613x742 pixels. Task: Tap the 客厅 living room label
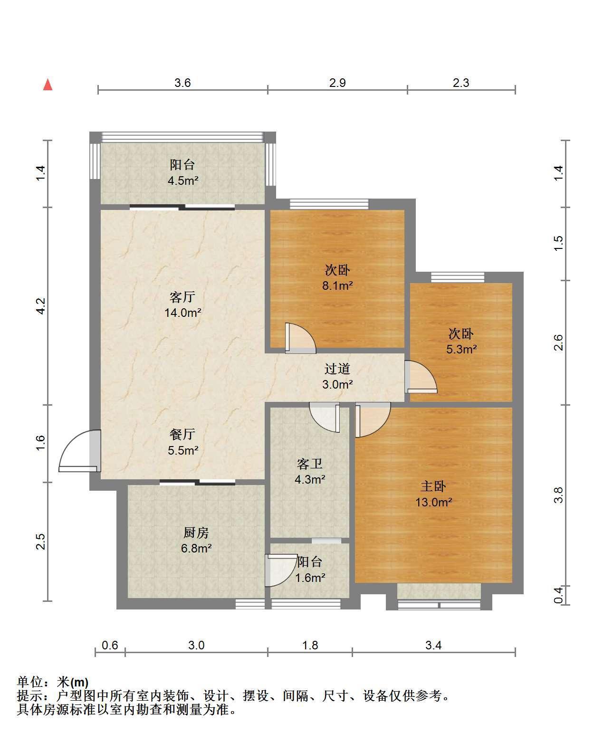coord(182,297)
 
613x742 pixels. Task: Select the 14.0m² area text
coord(183,313)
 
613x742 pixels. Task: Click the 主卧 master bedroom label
coord(433,486)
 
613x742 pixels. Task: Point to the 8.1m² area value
coord(337,285)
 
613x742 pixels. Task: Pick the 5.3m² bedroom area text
coord(461,349)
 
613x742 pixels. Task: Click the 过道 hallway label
coord(337,369)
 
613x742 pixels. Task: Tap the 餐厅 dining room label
coord(182,434)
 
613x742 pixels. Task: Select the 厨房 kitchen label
coord(196,533)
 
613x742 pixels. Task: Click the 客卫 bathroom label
coord(310,464)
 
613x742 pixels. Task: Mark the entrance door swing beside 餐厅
coord(80,451)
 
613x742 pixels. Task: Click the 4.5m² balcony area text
coord(183,181)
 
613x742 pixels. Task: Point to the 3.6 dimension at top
coord(182,83)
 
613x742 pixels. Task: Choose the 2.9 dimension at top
coord(337,83)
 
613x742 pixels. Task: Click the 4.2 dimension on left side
coord(41,306)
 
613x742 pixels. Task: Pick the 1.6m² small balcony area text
coord(310,578)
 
